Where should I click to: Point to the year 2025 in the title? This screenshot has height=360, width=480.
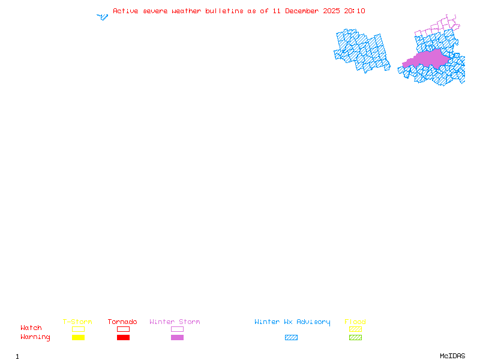click(331, 11)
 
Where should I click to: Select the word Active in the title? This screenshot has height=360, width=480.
click(125, 11)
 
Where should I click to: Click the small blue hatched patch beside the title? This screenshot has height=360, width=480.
click(103, 17)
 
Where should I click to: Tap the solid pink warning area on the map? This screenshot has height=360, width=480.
click(427, 58)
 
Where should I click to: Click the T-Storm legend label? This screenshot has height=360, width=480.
click(77, 322)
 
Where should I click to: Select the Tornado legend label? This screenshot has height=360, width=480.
click(122, 322)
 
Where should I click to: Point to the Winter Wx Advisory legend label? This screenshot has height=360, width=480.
click(292, 322)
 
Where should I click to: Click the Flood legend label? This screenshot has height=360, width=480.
click(355, 322)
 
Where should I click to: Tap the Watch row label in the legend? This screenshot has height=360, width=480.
click(31, 328)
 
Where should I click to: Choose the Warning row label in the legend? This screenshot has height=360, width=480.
click(35, 337)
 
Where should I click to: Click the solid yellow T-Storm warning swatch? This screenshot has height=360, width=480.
click(78, 337)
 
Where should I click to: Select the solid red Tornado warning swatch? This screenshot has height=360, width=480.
click(123, 337)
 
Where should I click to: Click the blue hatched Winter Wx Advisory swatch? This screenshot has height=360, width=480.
click(291, 337)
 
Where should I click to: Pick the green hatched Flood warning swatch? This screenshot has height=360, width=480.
click(355, 337)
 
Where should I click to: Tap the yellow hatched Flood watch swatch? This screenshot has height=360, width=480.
click(355, 329)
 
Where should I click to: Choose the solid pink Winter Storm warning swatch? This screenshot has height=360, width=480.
click(177, 337)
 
